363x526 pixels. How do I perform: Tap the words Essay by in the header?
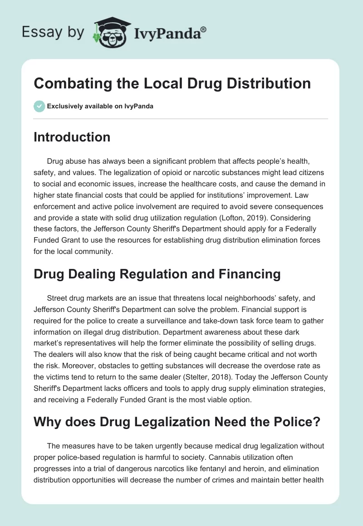click(x=53, y=33)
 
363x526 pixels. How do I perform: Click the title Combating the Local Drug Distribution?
click(x=172, y=84)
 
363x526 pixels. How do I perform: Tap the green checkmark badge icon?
click(x=39, y=106)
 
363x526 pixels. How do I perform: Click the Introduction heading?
click(x=72, y=137)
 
